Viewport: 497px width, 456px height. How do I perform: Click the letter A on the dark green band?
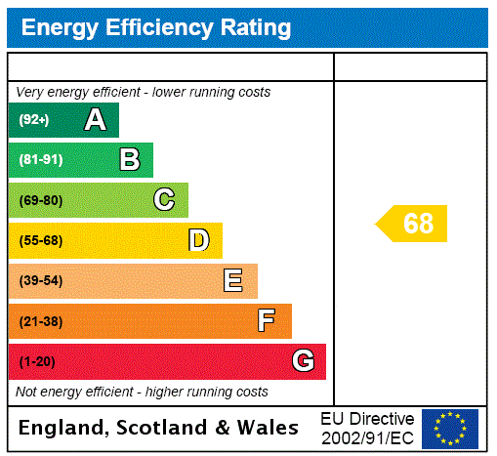click(95, 120)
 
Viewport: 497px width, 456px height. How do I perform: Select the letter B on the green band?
click(129, 159)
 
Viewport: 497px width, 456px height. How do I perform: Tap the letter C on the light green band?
click(164, 200)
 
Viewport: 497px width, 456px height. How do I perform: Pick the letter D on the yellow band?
click(198, 240)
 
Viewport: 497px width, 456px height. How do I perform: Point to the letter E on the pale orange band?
click(232, 281)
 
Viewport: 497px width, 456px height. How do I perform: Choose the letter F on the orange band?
click(266, 320)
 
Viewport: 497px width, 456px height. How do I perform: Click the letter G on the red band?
click(303, 361)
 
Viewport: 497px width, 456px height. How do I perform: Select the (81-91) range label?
click(40, 159)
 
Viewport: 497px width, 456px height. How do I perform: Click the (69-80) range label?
click(40, 200)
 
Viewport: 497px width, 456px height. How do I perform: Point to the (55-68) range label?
click(40, 240)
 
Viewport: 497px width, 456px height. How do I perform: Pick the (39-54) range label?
click(40, 281)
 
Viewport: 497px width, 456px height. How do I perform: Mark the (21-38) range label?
click(40, 321)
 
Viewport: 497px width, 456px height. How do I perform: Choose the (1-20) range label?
click(37, 362)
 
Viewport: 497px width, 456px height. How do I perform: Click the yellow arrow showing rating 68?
click(413, 224)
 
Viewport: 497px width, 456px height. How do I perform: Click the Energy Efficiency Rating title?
click(156, 28)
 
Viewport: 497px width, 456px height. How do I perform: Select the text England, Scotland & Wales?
click(159, 428)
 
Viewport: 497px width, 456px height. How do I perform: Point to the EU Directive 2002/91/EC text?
click(367, 428)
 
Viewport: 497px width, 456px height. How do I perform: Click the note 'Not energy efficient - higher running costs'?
click(142, 392)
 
